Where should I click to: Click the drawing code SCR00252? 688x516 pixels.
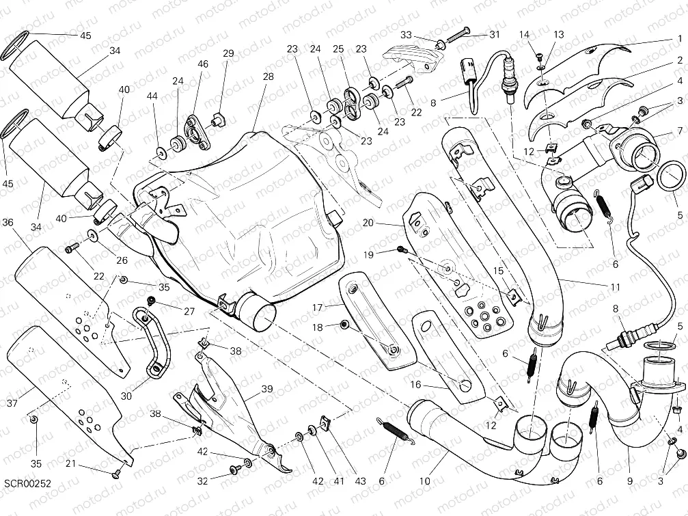(x=27, y=484)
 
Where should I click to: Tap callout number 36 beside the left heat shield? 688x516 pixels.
(x=8, y=222)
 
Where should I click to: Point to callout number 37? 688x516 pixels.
(x=12, y=404)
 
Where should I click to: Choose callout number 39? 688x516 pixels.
(x=267, y=389)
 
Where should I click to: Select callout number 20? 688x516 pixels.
(x=369, y=223)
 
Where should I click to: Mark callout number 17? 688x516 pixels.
(x=318, y=308)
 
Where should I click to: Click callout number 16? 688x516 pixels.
(x=415, y=385)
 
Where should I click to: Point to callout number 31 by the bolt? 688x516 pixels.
(x=494, y=35)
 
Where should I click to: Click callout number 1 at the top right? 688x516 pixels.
(x=680, y=39)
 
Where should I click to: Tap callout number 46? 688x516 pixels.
(x=203, y=64)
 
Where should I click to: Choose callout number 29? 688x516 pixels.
(x=228, y=53)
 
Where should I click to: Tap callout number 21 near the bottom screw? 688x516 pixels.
(x=90, y=465)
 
